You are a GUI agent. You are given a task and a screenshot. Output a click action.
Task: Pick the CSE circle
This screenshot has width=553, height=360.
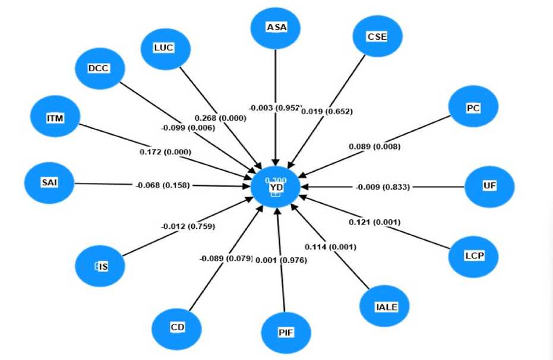point(377,36)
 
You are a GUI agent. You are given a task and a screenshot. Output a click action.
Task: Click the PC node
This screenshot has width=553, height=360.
point(473,108)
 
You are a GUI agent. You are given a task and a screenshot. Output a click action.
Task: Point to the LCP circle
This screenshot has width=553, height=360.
point(473,257)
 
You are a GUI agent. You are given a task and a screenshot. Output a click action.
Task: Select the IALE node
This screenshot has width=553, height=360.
point(385,307)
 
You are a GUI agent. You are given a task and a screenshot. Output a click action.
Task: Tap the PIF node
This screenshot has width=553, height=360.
point(286,332)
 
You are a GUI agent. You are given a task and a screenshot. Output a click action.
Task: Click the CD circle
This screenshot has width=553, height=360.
point(176,327)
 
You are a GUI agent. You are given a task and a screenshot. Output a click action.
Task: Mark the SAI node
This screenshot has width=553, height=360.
point(49,183)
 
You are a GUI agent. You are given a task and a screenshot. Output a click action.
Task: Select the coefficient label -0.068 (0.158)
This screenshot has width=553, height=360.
point(162,185)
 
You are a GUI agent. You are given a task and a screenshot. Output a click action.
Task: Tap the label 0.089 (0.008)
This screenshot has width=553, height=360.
point(374,147)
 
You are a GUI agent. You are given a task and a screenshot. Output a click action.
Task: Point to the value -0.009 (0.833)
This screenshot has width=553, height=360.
point(383,187)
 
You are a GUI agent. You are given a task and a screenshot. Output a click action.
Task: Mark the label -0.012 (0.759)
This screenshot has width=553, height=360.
point(188,226)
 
